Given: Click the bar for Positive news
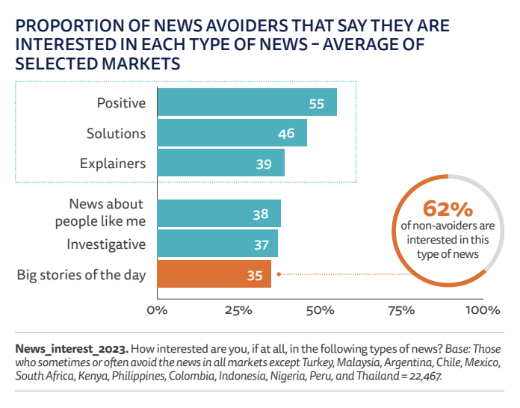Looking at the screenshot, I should [x=247, y=102].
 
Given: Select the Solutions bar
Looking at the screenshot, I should [x=232, y=133].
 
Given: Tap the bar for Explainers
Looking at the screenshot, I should [x=220, y=163].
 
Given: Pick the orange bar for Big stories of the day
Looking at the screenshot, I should [x=214, y=275].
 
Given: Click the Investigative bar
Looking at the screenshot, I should [x=217, y=244].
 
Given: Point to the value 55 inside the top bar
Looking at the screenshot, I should [x=316, y=103].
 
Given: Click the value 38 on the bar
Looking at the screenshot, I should [x=260, y=214].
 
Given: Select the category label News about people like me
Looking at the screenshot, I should [x=106, y=212].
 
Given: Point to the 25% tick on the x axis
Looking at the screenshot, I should [x=237, y=309].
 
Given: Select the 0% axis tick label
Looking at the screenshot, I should [x=157, y=309].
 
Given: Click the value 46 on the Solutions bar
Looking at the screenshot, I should [x=286, y=134].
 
